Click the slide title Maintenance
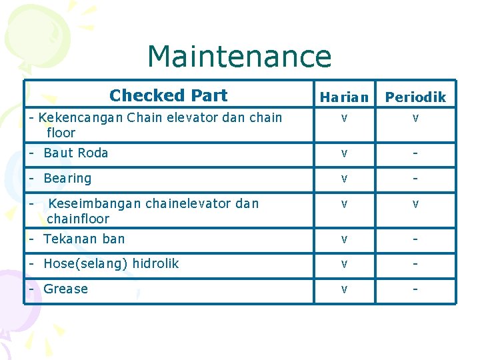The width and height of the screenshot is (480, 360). coord(239,57)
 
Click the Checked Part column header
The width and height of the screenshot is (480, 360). coord(168,96)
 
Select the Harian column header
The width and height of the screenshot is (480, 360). coord(344,97)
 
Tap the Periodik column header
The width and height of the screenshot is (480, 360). coord(415,97)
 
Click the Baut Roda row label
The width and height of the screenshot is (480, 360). coord(75,153)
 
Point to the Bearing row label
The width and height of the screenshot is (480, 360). coord(67,179)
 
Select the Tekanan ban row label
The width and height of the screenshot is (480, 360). coord(84,239)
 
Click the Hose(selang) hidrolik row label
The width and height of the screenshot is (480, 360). coord(111,264)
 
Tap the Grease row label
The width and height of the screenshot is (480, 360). coord(65,289)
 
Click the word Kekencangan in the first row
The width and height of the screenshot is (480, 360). coord(81,118)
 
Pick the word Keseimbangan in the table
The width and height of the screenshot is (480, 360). coord(95,203)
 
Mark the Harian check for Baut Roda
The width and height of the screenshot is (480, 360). coord(344,154)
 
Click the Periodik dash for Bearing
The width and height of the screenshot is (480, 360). coord(415,179)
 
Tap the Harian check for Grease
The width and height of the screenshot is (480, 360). coord(344,290)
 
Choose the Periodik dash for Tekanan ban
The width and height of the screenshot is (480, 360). coord(415,239)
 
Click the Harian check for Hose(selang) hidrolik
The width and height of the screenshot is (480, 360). coord(344,265)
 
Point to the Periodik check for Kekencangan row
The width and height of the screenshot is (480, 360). coord(415,119)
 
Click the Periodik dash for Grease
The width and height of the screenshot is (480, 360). coord(415,289)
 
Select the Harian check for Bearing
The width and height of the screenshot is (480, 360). coord(344,179)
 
